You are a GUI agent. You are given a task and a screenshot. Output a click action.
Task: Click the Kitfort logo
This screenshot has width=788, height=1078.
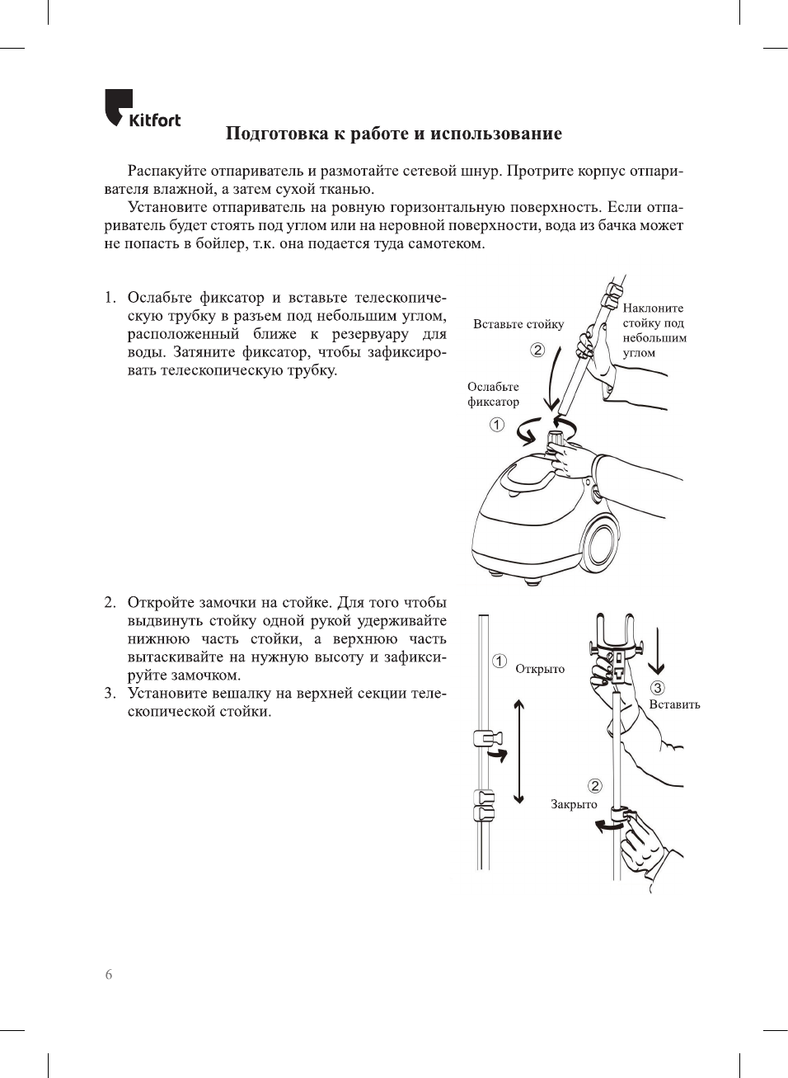pos(142,109)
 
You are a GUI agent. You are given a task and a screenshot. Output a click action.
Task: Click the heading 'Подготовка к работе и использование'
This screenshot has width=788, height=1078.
pos(393,134)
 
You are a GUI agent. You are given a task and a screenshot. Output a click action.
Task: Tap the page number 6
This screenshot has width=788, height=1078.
pos(109,974)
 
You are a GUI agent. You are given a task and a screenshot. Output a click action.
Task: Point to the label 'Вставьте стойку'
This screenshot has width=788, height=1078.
pos(518,324)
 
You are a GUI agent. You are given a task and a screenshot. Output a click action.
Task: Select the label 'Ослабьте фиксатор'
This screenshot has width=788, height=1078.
pos(493,394)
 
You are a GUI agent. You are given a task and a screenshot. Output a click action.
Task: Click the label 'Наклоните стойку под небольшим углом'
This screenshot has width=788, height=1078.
pos(654,330)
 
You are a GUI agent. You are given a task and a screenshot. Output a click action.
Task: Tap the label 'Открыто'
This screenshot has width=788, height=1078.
pos(540,669)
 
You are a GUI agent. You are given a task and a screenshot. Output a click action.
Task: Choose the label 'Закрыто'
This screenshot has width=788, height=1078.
pos(574,804)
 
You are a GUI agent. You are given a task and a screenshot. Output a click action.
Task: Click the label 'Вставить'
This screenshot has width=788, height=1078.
pos(674,704)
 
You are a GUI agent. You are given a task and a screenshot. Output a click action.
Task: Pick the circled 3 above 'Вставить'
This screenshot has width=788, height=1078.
pos(657,688)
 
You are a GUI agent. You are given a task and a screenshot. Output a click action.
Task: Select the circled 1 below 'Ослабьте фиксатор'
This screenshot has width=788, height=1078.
pos(496,425)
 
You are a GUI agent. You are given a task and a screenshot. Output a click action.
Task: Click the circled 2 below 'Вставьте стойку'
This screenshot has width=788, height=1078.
pos(537,350)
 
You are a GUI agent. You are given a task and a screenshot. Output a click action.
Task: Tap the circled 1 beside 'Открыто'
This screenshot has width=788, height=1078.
pos(500,661)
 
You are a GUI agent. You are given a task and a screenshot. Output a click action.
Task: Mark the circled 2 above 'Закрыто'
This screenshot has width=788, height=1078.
pos(594,786)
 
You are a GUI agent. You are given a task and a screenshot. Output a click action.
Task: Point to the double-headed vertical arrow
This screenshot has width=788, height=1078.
pos(518,751)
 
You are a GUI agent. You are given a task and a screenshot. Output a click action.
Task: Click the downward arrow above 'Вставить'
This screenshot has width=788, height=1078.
pos(657,652)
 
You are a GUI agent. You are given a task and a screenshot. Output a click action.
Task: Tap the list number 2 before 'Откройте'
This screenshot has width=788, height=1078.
pos(110,602)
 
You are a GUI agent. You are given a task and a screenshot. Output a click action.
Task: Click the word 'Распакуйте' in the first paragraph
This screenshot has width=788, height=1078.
pos(167,172)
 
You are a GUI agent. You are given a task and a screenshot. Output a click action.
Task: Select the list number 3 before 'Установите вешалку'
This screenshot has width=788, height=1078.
pos(110,693)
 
